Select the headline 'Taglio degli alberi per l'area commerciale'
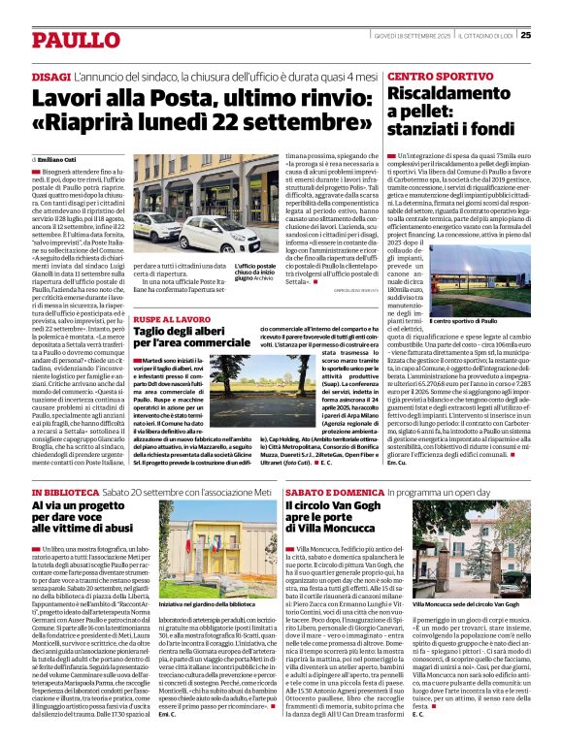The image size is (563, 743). click(x=194, y=339)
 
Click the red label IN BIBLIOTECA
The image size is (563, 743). click(x=64, y=494)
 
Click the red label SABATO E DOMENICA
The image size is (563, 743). click(x=324, y=494)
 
